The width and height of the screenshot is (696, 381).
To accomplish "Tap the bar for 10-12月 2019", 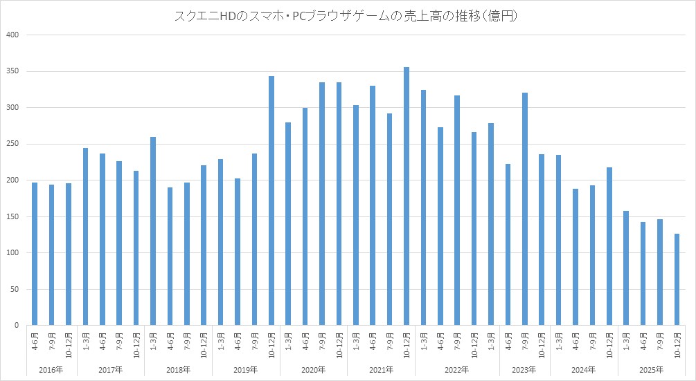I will pos(271,201).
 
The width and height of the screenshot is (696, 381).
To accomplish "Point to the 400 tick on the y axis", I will pos(13,35).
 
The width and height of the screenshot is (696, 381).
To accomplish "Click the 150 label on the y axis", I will pos(13,216).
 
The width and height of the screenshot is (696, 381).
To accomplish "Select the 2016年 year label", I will pos(51,370).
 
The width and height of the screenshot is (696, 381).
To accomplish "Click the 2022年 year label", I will pos(457,370).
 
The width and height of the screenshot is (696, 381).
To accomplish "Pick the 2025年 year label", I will pos(651,370).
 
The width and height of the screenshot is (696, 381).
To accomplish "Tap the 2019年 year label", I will pos(246,370).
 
